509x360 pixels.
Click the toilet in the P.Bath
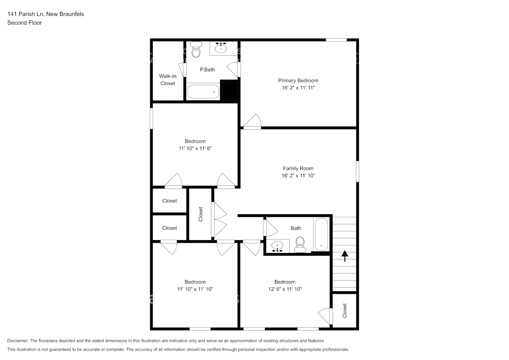pos(196,50)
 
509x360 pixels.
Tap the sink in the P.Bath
pos(221,48)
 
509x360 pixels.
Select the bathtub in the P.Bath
pos(203,92)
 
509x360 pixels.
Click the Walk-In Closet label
pos(168,80)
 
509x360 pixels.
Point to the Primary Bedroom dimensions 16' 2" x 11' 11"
pos(298,88)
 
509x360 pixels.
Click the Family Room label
pos(298,168)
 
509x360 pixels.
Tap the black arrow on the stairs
pos(345,256)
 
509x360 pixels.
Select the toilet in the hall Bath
pos(300,245)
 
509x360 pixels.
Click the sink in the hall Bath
pos(278,247)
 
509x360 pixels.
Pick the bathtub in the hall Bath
pos(321,234)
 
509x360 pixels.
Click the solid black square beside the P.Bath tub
pos(230,91)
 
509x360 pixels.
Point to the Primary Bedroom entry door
pos(252,122)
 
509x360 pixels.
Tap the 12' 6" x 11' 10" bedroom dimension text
pos(285,289)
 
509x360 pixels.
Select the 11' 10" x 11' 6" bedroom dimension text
pos(195,148)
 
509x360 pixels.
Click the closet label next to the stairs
pos(344,310)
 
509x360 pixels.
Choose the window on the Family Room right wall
pos(357,171)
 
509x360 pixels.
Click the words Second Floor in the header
pos(24,23)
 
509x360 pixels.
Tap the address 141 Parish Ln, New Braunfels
pos(45,14)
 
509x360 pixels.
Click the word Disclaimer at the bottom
pos(17,341)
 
